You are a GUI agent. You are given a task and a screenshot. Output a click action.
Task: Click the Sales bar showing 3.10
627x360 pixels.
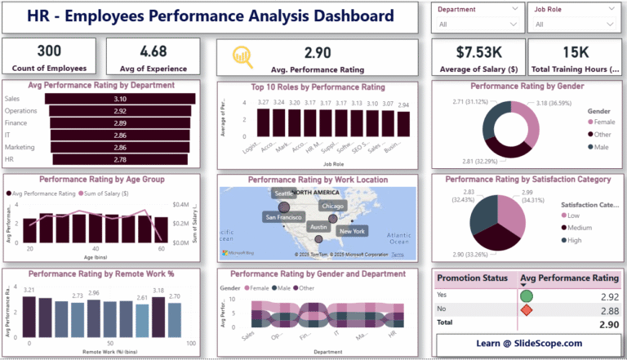click(120, 98)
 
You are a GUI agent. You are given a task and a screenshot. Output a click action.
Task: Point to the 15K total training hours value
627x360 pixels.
click(574, 52)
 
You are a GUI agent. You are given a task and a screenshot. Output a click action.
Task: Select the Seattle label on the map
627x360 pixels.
click(283, 193)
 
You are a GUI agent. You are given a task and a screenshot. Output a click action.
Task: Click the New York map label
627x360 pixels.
click(351, 231)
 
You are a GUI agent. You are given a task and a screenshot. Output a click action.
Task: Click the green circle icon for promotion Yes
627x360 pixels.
click(527, 296)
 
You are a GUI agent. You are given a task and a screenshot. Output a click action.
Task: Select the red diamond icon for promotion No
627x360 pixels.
click(527, 310)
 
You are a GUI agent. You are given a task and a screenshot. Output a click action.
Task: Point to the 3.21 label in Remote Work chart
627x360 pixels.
click(29, 291)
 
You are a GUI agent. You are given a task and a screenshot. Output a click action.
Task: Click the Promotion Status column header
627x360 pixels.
click(471, 278)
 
